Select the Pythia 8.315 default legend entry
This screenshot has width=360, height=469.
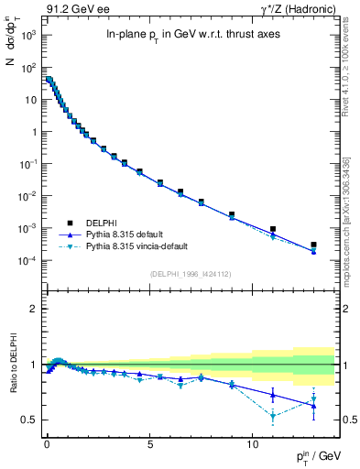point(128,234)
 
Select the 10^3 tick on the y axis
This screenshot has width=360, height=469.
point(29,35)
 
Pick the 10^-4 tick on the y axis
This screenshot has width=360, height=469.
point(29,260)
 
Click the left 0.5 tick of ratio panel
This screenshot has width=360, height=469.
point(30,420)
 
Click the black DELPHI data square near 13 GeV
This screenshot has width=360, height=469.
point(313,245)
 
